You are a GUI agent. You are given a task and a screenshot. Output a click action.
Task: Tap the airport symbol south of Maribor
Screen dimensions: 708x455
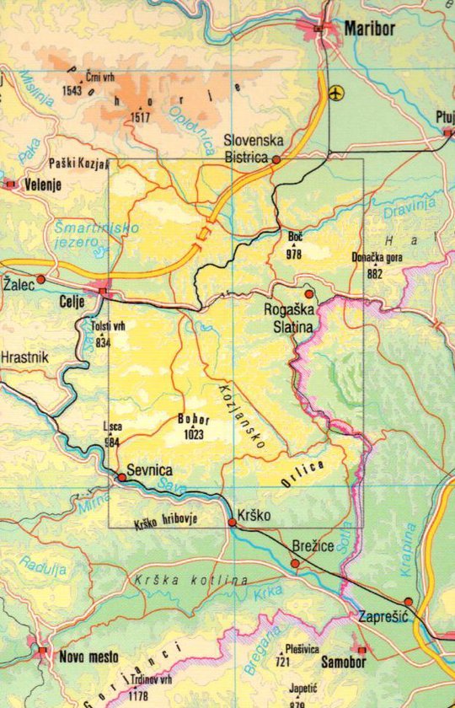tap(339, 91)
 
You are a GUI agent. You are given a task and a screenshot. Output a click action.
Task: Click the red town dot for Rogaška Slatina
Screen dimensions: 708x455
tap(309, 294)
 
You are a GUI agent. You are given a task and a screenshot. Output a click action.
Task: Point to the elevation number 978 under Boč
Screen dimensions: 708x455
tap(293, 254)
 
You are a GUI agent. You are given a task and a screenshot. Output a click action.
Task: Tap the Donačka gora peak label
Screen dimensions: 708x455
tap(374, 260)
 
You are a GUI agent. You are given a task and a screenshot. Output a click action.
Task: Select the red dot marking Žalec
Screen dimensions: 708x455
tap(40, 279)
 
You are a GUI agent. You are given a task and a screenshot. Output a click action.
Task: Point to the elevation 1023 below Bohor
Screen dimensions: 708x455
tap(194, 435)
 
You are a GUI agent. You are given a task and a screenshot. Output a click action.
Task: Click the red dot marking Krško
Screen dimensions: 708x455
tap(233, 523)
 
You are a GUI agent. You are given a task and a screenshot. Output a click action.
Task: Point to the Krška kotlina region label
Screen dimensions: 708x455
tap(190, 581)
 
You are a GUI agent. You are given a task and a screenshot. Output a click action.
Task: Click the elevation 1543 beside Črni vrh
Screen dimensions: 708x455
tap(72, 90)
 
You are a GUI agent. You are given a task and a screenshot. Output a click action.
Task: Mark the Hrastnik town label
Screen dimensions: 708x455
tap(25, 357)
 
